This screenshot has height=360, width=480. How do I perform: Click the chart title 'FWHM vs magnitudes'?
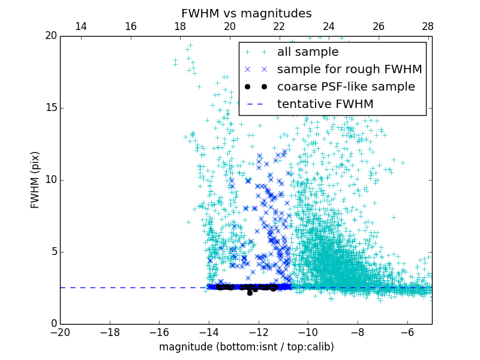coord(246,13)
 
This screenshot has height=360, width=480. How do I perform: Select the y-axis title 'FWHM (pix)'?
coord(35,180)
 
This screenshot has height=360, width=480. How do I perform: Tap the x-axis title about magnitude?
coord(246,347)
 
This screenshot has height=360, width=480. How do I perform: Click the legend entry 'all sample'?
coord(308,52)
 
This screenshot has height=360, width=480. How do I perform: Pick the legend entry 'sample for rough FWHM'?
coord(349,70)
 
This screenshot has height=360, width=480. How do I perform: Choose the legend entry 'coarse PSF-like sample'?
coord(346,87)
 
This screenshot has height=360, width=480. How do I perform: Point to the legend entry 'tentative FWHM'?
coord(325,104)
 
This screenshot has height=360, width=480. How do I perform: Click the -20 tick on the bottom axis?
coord(60,332)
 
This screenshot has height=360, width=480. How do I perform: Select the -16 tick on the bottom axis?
coord(159,332)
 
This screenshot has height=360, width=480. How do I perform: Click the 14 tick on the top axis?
coord(80,26)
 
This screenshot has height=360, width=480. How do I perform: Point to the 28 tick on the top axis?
coord(428,26)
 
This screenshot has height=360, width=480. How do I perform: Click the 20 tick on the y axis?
coord(50,36)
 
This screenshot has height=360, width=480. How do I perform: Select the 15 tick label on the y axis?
coord(50,108)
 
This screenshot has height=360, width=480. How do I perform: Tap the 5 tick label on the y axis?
coord(53,252)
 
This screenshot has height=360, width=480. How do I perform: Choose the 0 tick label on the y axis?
coord(53,324)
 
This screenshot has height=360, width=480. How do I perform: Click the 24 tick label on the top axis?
coord(329,26)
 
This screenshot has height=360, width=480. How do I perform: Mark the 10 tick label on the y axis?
coord(50,180)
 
